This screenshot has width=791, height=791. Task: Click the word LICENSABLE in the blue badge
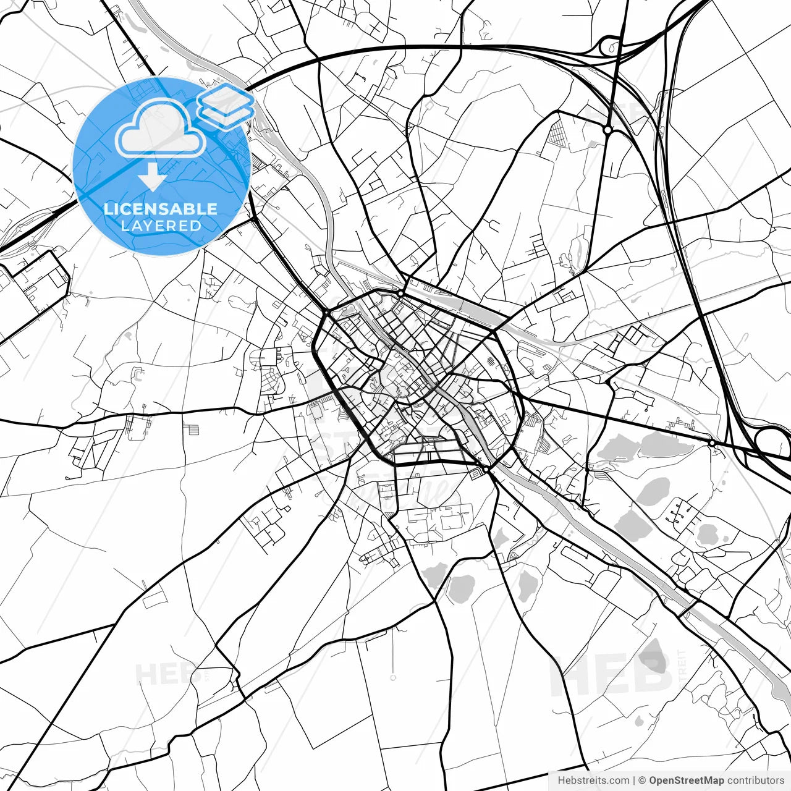pyautogui.click(x=161, y=209)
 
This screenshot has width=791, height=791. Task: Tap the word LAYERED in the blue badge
pyautogui.click(x=161, y=226)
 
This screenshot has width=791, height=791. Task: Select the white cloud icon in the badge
pyautogui.click(x=161, y=128)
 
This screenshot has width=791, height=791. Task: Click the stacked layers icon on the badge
pyautogui.click(x=226, y=106)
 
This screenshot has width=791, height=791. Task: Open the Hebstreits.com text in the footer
pyautogui.click(x=593, y=780)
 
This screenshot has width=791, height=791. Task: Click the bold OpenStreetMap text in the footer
pyautogui.click(x=686, y=780)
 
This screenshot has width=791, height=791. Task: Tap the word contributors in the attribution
pyautogui.click(x=755, y=780)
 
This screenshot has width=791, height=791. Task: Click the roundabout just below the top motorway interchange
pyautogui.click(x=607, y=130)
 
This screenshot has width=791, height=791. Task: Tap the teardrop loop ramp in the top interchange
pyautogui.click(x=611, y=44)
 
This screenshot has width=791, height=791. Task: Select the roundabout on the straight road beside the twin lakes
pyautogui.click(x=712, y=442)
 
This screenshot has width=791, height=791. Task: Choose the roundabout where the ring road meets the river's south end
pyautogui.click(x=487, y=470)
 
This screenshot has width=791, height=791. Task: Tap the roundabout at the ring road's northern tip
pyautogui.click(x=401, y=293)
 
